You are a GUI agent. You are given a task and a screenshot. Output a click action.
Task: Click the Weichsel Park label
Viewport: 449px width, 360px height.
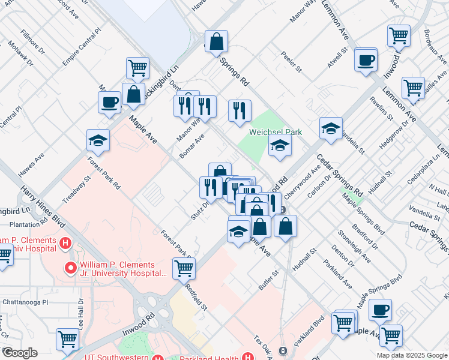click(276, 132)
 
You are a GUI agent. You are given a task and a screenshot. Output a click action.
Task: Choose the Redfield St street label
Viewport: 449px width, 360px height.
click(197, 297)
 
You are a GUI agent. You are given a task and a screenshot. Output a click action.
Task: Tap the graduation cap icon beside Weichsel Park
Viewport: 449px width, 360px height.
click(279, 145)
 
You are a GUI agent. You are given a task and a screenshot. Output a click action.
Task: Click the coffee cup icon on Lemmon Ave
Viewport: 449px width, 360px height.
click(366, 59)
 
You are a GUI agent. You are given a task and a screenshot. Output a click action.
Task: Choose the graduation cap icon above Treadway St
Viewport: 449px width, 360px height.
click(98, 140)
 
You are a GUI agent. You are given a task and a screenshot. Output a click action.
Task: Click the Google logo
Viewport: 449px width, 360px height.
click(19, 353)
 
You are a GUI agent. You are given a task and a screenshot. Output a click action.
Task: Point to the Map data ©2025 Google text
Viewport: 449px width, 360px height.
click(411, 355)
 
